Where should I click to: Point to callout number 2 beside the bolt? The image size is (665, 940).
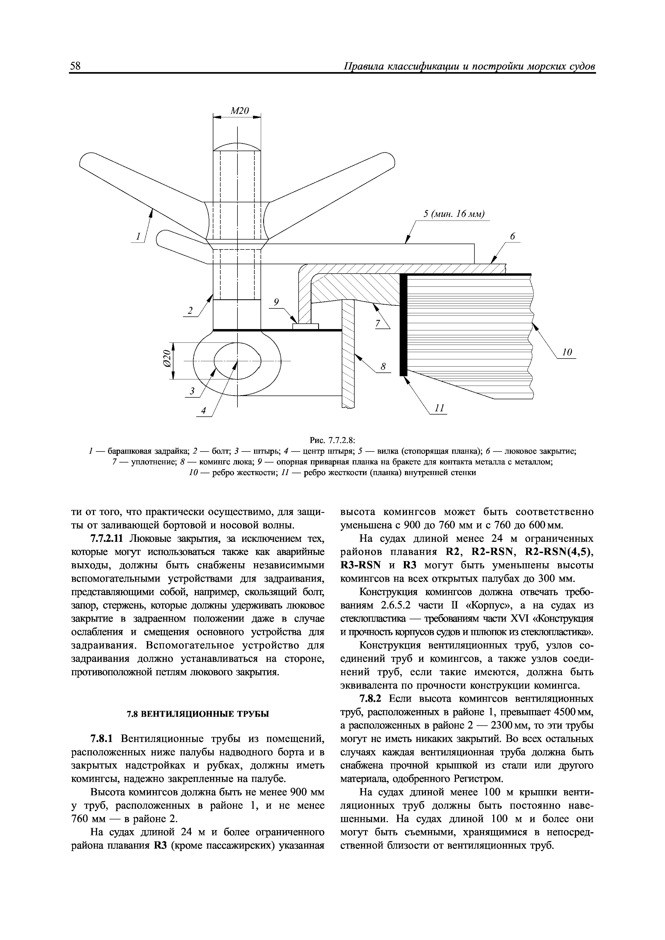pos(190,311)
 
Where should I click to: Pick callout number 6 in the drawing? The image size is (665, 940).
pos(512,236)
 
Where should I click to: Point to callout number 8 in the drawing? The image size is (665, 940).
pos(383,367)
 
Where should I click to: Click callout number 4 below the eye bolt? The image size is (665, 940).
pos(203,411)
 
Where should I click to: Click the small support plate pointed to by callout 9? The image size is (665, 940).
pos(306,326)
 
